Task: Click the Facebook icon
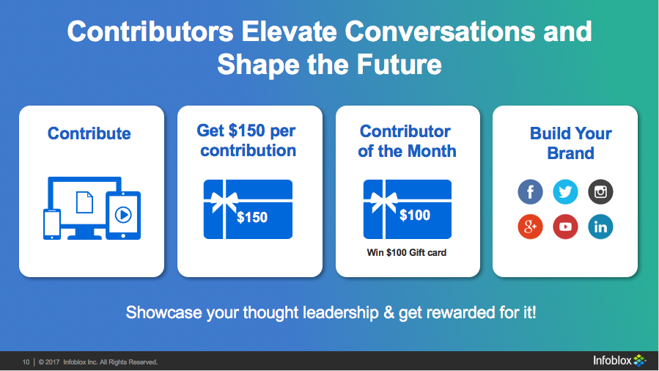[x=530, y=191]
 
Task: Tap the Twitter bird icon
[x=565, y=191]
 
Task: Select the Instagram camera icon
[x=600, y=191]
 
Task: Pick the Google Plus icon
[x=530, y=227]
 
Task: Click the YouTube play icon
[x=565, y=227]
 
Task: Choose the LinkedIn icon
[x=600, y=227]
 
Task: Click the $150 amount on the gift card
[x=252, y=217]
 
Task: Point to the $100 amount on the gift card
[x=415, y=215]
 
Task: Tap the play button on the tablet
[x=123, y=215]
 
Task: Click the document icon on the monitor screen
[x=84, y=202]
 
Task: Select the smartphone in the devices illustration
[x=52, y=224]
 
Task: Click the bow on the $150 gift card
[x=224, y=201]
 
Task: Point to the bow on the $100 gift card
[x=383, y=201]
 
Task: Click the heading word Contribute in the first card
[x=89, y=133]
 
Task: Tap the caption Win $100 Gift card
[x=406, y=252]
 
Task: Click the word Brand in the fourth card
[x=570, y=153]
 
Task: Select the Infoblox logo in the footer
[x=619, y=361]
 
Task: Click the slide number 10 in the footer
[x=26, y=362]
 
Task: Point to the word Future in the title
[x=400, y=65]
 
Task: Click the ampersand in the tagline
[x=389, y=313]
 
